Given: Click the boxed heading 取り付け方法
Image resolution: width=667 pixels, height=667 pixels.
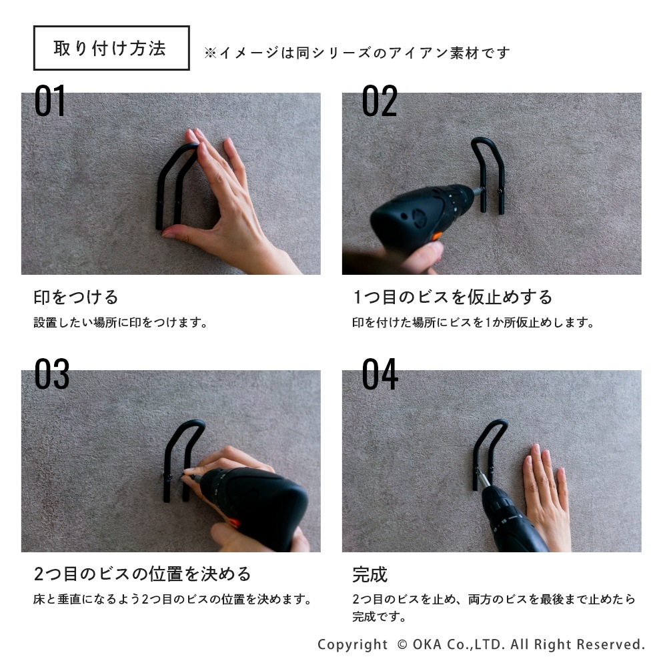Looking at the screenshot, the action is point(111,48).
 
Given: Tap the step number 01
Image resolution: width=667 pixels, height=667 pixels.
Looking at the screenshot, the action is point(50,101).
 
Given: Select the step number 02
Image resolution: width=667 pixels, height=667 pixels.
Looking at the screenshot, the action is point(380,101).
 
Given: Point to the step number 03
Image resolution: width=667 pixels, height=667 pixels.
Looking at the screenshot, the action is point(51,374).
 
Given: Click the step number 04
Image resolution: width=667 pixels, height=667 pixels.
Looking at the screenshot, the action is point(380,374).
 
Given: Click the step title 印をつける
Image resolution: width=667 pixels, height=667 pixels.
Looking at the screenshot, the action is point(76,297).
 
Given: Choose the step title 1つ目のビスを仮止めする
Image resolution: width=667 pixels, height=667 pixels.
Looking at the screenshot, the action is point(453,297).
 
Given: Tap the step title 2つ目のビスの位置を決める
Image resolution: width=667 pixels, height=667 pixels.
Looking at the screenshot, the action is point(143,574).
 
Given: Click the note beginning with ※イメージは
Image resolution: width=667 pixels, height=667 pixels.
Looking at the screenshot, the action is point(357,53).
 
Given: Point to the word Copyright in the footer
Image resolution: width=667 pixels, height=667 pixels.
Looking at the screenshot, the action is point(353,644).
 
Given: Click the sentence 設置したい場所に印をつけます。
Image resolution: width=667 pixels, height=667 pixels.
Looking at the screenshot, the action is point(120,322).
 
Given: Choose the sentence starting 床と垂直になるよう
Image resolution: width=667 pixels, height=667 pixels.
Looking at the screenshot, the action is point(172,600).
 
